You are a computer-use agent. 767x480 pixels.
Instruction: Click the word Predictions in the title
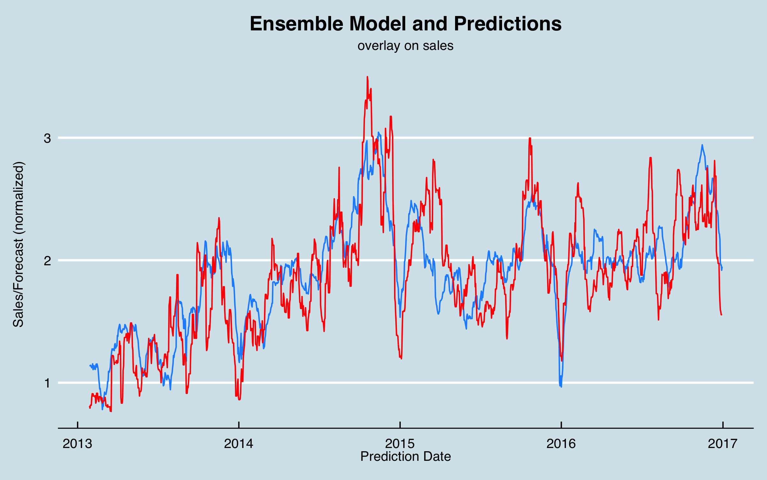tap(507, 24)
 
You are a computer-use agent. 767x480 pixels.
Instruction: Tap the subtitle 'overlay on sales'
tap(405, 46)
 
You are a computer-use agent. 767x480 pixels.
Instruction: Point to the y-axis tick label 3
tap(47, 138)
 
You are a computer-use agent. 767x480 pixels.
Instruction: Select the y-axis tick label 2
tap(47, 261)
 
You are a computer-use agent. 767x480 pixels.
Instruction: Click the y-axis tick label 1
tap(47, 383)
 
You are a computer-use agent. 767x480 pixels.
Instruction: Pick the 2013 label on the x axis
tap(77, 444)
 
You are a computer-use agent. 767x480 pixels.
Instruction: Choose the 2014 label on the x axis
tap(239, 444)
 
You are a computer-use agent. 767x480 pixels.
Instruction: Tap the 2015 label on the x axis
tap(400, 444)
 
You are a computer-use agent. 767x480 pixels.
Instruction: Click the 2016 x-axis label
tap(561, 444)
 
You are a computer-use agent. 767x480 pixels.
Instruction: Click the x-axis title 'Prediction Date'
tap(405, 456)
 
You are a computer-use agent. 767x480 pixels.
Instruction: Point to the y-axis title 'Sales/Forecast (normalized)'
tap(19, 244)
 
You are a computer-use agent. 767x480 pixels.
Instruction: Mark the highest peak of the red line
tap(368, 77)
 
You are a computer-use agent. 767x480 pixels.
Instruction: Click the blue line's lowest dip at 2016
tap(561, 386)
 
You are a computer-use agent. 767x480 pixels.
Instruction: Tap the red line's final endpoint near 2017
tap(721, 315)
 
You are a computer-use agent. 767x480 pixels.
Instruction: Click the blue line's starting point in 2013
tap(90, 365)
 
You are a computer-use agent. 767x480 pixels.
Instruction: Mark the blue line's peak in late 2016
tap(702, 145)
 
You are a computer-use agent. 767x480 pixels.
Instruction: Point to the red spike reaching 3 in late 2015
tap(530, 138)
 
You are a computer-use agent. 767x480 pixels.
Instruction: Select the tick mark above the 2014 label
tap(239, 425)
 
